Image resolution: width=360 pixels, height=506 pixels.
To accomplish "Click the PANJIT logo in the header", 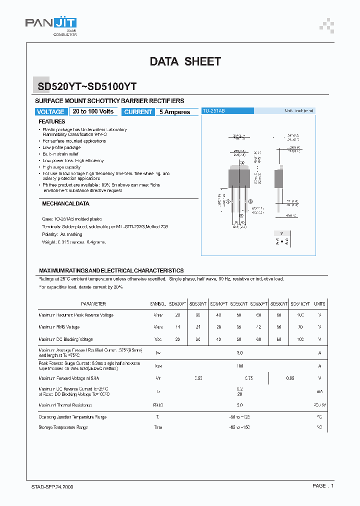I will tap(51, 23).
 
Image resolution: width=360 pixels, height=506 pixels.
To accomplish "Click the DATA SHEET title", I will tap(185, 61).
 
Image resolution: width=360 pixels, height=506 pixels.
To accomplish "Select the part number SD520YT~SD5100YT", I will tap(87, 86).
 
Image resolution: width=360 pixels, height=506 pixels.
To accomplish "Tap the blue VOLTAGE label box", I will tap(50, 112).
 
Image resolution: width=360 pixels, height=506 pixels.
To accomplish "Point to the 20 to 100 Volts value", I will tap(93, 111).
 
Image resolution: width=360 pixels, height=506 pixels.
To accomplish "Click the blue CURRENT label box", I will tap(138, 112).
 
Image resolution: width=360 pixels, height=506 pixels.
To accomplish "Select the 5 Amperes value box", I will tap(175, 112).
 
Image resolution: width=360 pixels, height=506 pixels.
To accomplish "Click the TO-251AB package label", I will tap(213, 110).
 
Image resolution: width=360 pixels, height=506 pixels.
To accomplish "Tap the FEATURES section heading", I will tap(52, 121).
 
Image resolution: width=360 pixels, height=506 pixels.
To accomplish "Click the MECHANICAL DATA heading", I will tap(65, 204).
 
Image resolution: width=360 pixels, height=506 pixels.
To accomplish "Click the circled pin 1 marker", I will tap(228, 201).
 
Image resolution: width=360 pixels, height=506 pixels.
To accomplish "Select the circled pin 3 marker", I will tap(250, 201).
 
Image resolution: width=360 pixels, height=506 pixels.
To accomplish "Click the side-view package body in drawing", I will tap(280, 177).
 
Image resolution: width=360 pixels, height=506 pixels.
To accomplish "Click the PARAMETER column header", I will tap(93, 304).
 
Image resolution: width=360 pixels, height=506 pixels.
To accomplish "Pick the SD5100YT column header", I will tap(300, 304).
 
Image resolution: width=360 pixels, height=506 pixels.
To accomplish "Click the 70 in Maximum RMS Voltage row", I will tap(300, 327).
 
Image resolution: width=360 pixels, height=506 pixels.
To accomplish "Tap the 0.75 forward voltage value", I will tap(248, 378).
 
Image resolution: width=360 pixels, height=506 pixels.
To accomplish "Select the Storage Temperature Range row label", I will tap(63, 427).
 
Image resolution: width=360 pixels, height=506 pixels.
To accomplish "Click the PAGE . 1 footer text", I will tap(322, 486).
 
